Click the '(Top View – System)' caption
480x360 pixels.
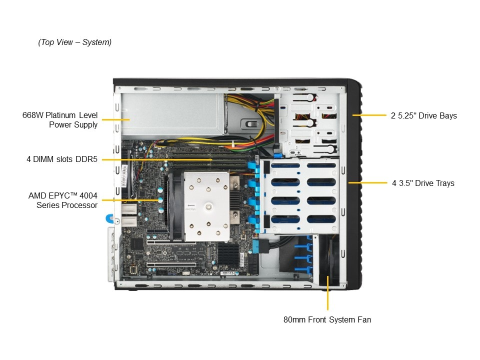click(74, 42)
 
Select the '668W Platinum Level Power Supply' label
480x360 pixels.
click(60, 119)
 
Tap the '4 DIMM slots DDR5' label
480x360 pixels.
click(62, 159)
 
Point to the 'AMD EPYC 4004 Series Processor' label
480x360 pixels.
click(63, 200)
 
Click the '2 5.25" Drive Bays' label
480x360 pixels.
click(423, 115)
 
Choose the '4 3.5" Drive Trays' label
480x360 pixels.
click(423, 183)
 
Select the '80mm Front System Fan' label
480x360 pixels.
click(327, 319)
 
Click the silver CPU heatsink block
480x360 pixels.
click(206, 206)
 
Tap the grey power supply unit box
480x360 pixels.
click(173, 114)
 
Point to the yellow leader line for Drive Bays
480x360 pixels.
click(369, 115)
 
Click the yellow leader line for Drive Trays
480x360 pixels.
click(367, 183)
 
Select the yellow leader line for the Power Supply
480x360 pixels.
click(115, 119)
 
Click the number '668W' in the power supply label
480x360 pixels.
click(33, 115)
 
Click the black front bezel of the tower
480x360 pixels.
click(354, 183)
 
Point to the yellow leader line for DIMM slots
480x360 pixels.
click(156, 159)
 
